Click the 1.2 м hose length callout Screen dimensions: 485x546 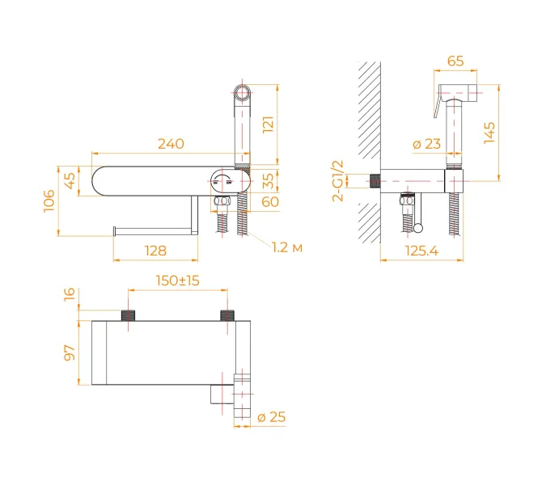tap(287, 247)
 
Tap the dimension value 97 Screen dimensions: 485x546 tap(69, 353)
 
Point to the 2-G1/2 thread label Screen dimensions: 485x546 tap(338, 180)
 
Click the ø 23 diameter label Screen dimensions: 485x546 tap(426, 144)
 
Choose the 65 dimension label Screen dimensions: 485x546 tap(455, 61)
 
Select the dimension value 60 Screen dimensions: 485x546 tap(270, 201)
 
